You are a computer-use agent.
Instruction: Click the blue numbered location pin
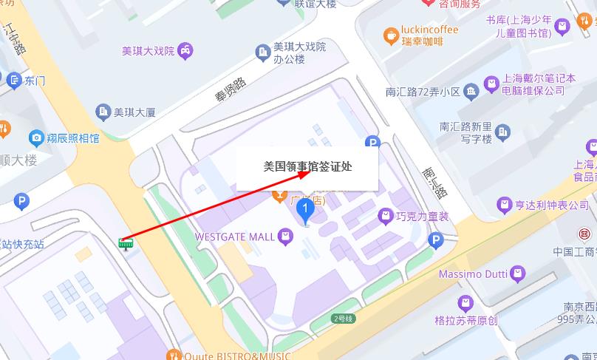click(x=305, y=211)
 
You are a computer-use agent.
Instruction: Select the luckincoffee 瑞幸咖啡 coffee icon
click(x=391, y=34)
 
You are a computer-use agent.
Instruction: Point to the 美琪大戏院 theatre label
click(x=148, y=51)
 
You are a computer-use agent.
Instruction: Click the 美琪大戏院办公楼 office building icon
click(x=262, y=52)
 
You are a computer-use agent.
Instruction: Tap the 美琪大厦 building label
click(x=134, y=112)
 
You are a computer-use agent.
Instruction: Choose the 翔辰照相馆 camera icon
click(x=35, y=137)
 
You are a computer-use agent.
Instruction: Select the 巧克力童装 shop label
click(x=422, y=217)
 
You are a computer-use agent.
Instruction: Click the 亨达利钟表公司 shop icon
click(x=505, y=204)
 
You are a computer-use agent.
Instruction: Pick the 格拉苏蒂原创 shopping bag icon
click(x=465, y=302)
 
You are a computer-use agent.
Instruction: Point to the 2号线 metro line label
click(x=342, y=319)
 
